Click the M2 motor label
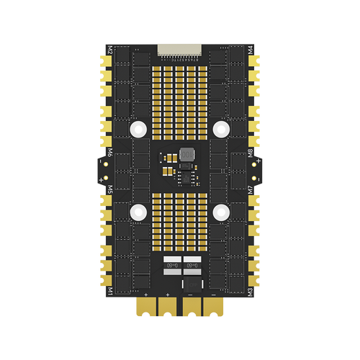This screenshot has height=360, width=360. (x=110, y=51)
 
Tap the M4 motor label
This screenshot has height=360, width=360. (x=250, y=51)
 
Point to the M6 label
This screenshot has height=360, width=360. (x=110, y=153)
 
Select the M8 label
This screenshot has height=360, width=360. (x=250, y=153)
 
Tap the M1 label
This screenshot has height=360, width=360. (x=110, y=291)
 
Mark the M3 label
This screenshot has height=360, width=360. (x=250, y=291)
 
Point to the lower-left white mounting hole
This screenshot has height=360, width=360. (x=138, y=212)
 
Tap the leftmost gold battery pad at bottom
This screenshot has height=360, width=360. (x=147, y=307)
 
